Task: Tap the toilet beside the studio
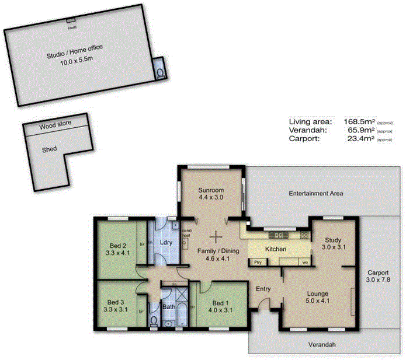click(x=160, y=72)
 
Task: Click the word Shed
click(x=49, y=149)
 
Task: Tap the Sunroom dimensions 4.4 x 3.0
click(x=210, y=198)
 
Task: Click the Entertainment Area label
click(x=316, y=193)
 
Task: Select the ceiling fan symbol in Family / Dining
click(x=217, y=237)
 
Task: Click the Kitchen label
click(x=276, y=249)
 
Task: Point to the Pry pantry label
click(x=258, y=263)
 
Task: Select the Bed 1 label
click(x=220, y=303)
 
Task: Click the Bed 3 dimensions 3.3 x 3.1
click(x=117, y=310)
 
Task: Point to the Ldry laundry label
click(x=165, y=242)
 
